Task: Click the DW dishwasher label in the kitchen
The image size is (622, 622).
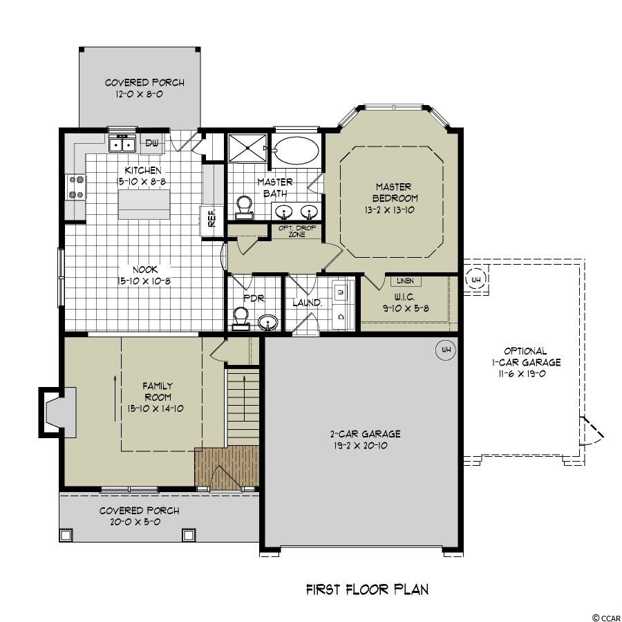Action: click(x=151, y=143)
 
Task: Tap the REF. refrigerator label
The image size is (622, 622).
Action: click(x=212, y=218)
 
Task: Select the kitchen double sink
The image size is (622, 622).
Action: click(x=122, y=144)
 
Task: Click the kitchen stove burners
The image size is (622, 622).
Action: click(x=76, y=187)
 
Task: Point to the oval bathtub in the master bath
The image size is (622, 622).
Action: click(x=296, y=150)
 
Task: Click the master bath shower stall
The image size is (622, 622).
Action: click(x=248, y=148)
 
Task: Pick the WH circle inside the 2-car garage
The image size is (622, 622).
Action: click(x=446, y=350)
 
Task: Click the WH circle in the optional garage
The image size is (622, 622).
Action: click(x=475, y=279)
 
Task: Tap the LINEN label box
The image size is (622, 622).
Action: click(x=406, y=281)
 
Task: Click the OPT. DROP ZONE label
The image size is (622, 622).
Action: click(x=297, y=232)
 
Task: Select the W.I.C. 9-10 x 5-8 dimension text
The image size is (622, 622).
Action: click(x=406, y=308)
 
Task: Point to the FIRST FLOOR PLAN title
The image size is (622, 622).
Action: click(x=367, y=590)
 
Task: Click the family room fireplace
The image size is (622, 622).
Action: click(x=57, y=413)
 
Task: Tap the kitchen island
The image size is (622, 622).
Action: click(x=144, y=204)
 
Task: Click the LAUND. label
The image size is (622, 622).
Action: click(x=307, y=303)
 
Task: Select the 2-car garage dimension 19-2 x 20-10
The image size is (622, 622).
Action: click(x=361, y=446)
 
